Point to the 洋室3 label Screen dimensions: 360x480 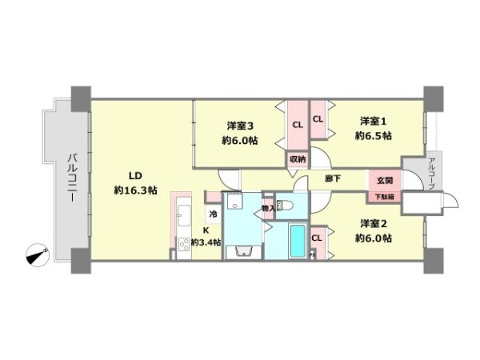[x=240, y=125]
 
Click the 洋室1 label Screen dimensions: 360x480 [x=373, y=121]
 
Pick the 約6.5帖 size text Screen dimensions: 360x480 [x=373, y=136]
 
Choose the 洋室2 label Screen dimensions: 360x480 [x=374, y=223]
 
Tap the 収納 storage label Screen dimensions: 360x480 [x=298, y=158]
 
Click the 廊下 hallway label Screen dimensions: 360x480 [x=334, y=178]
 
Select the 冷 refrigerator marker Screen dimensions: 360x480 [x=213, y=214]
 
